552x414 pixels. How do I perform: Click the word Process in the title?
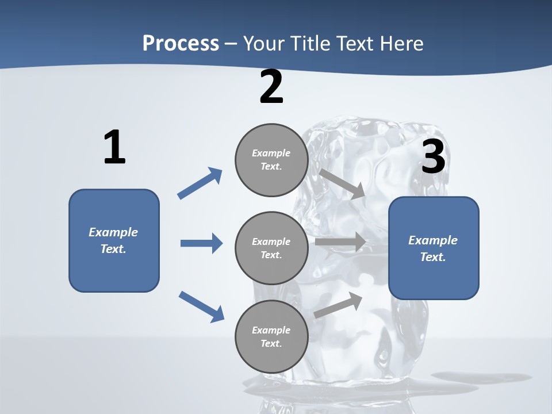(181, 44)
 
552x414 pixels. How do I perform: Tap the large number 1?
(114, 148)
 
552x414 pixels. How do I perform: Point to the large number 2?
(271, 87)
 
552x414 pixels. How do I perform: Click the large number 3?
(434, 157)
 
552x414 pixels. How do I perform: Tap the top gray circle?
(271, 160)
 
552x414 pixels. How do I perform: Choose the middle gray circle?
(271, 248)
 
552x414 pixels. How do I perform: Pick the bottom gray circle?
(271, 337)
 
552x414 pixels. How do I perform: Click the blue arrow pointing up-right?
(200, 183)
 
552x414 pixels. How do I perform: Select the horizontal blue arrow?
(201, 243)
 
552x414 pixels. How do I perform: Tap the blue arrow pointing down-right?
(201, 306)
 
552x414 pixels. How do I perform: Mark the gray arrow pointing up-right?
(339, 305)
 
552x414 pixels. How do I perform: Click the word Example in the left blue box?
(113, 232)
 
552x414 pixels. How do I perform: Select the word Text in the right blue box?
(432, 257)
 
